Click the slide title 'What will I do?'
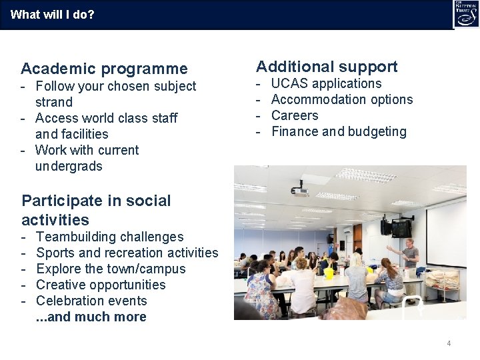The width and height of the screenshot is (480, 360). pos(53,14)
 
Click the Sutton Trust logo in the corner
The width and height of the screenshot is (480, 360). pos(465,14)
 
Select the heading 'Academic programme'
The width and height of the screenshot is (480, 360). pos(104,69)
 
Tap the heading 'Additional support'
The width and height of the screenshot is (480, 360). pos(327,67)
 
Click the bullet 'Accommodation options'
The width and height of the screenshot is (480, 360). pos(342,100)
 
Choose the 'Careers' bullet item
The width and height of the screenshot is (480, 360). pos(295,116)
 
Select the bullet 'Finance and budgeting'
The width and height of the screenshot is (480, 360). pos(339,132)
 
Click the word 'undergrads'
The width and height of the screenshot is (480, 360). pos(69,167)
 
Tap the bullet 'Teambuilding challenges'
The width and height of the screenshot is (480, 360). pos(110,237)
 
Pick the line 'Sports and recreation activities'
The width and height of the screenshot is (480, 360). pos(127,253)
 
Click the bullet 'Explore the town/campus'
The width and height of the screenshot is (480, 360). pos(111,269)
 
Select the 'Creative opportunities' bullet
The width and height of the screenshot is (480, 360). pos(101,285)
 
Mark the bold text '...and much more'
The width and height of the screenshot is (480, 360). pos(91,317)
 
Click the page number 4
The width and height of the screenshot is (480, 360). pos(449,343)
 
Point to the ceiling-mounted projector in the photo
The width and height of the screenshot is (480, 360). pos(301,191)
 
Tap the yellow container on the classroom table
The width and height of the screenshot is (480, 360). pos(328,272)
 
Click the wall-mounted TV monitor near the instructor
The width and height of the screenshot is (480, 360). pos(401,228)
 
